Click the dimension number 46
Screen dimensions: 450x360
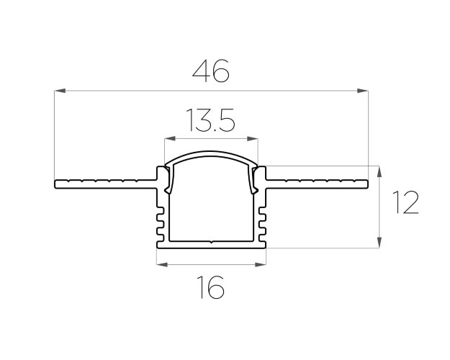[x=211, y=71]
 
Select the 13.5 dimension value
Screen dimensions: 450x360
[x=211, y=120]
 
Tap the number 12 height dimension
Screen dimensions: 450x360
[x=406, y=202]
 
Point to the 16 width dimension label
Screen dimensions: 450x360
[x=211, y=287]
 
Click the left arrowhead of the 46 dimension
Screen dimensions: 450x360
[x=60, y=91]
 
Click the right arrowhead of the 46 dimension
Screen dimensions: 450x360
[x=362, y=91]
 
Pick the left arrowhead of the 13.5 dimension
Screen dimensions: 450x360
[x=170, y=139]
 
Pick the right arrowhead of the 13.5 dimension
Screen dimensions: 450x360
[x=252, y=139]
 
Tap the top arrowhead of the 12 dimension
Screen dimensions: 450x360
[x=379, y=171]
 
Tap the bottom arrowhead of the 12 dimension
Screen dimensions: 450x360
[x=379, y=243]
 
